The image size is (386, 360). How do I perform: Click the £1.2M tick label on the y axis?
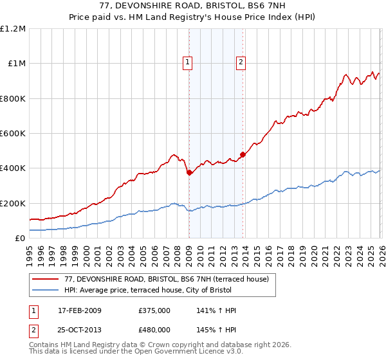click(13, 29)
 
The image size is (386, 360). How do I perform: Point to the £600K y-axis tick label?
click(13, 134)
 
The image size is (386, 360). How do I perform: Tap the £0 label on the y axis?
click(21, 239)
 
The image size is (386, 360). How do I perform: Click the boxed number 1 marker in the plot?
click(187, 62)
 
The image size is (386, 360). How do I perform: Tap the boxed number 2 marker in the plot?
click(241, 62)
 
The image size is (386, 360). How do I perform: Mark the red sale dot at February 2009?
click(189, 172)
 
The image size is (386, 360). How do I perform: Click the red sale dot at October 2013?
click(243, 154)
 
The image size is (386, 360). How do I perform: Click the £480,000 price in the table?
click(154, 329)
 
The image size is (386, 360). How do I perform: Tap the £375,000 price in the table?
click(154, 310)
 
